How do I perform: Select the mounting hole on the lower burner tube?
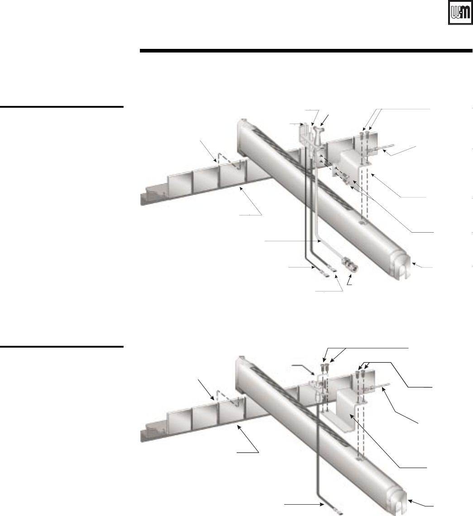(x=359, y=460)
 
